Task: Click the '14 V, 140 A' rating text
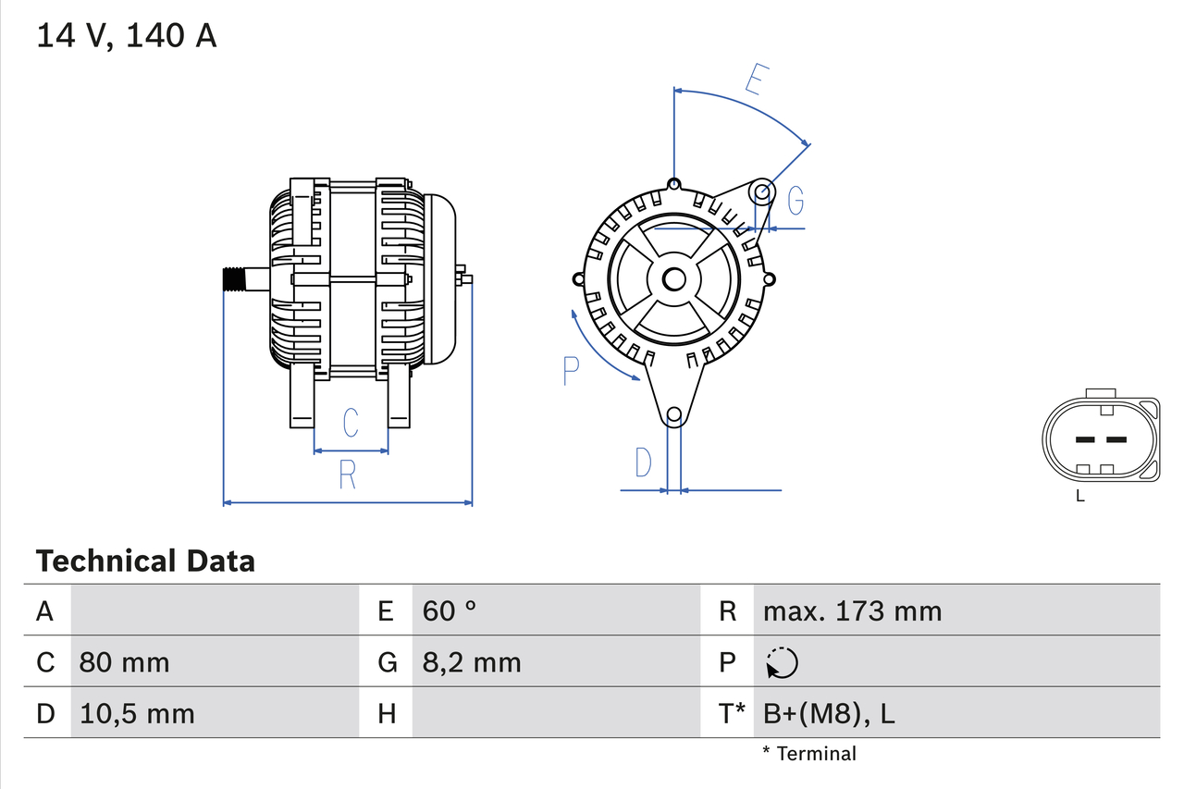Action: coord(127,35)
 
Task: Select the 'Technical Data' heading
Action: coord(145,561)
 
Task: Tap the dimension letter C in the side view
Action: coord(351,423)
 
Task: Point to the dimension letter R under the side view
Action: coord(348,475)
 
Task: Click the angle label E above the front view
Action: coord(756,81)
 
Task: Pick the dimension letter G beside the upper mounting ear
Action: coord(795,201)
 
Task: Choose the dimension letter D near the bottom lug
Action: coord(644,462)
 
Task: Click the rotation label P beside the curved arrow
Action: coord(571,371)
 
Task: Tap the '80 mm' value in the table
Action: coord(124,662)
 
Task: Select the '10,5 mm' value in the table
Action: coord(137,713)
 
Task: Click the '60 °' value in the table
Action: coord(450,611)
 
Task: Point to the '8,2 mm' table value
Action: coord(472,662)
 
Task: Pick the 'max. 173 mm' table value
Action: coord(852,611)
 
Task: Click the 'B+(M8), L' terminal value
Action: coord(829,713)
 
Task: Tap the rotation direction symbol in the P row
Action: coord(782,662)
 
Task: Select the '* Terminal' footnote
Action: coord(809,753)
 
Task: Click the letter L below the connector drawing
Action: coord(1080,497)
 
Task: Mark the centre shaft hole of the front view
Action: coord(674,278)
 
